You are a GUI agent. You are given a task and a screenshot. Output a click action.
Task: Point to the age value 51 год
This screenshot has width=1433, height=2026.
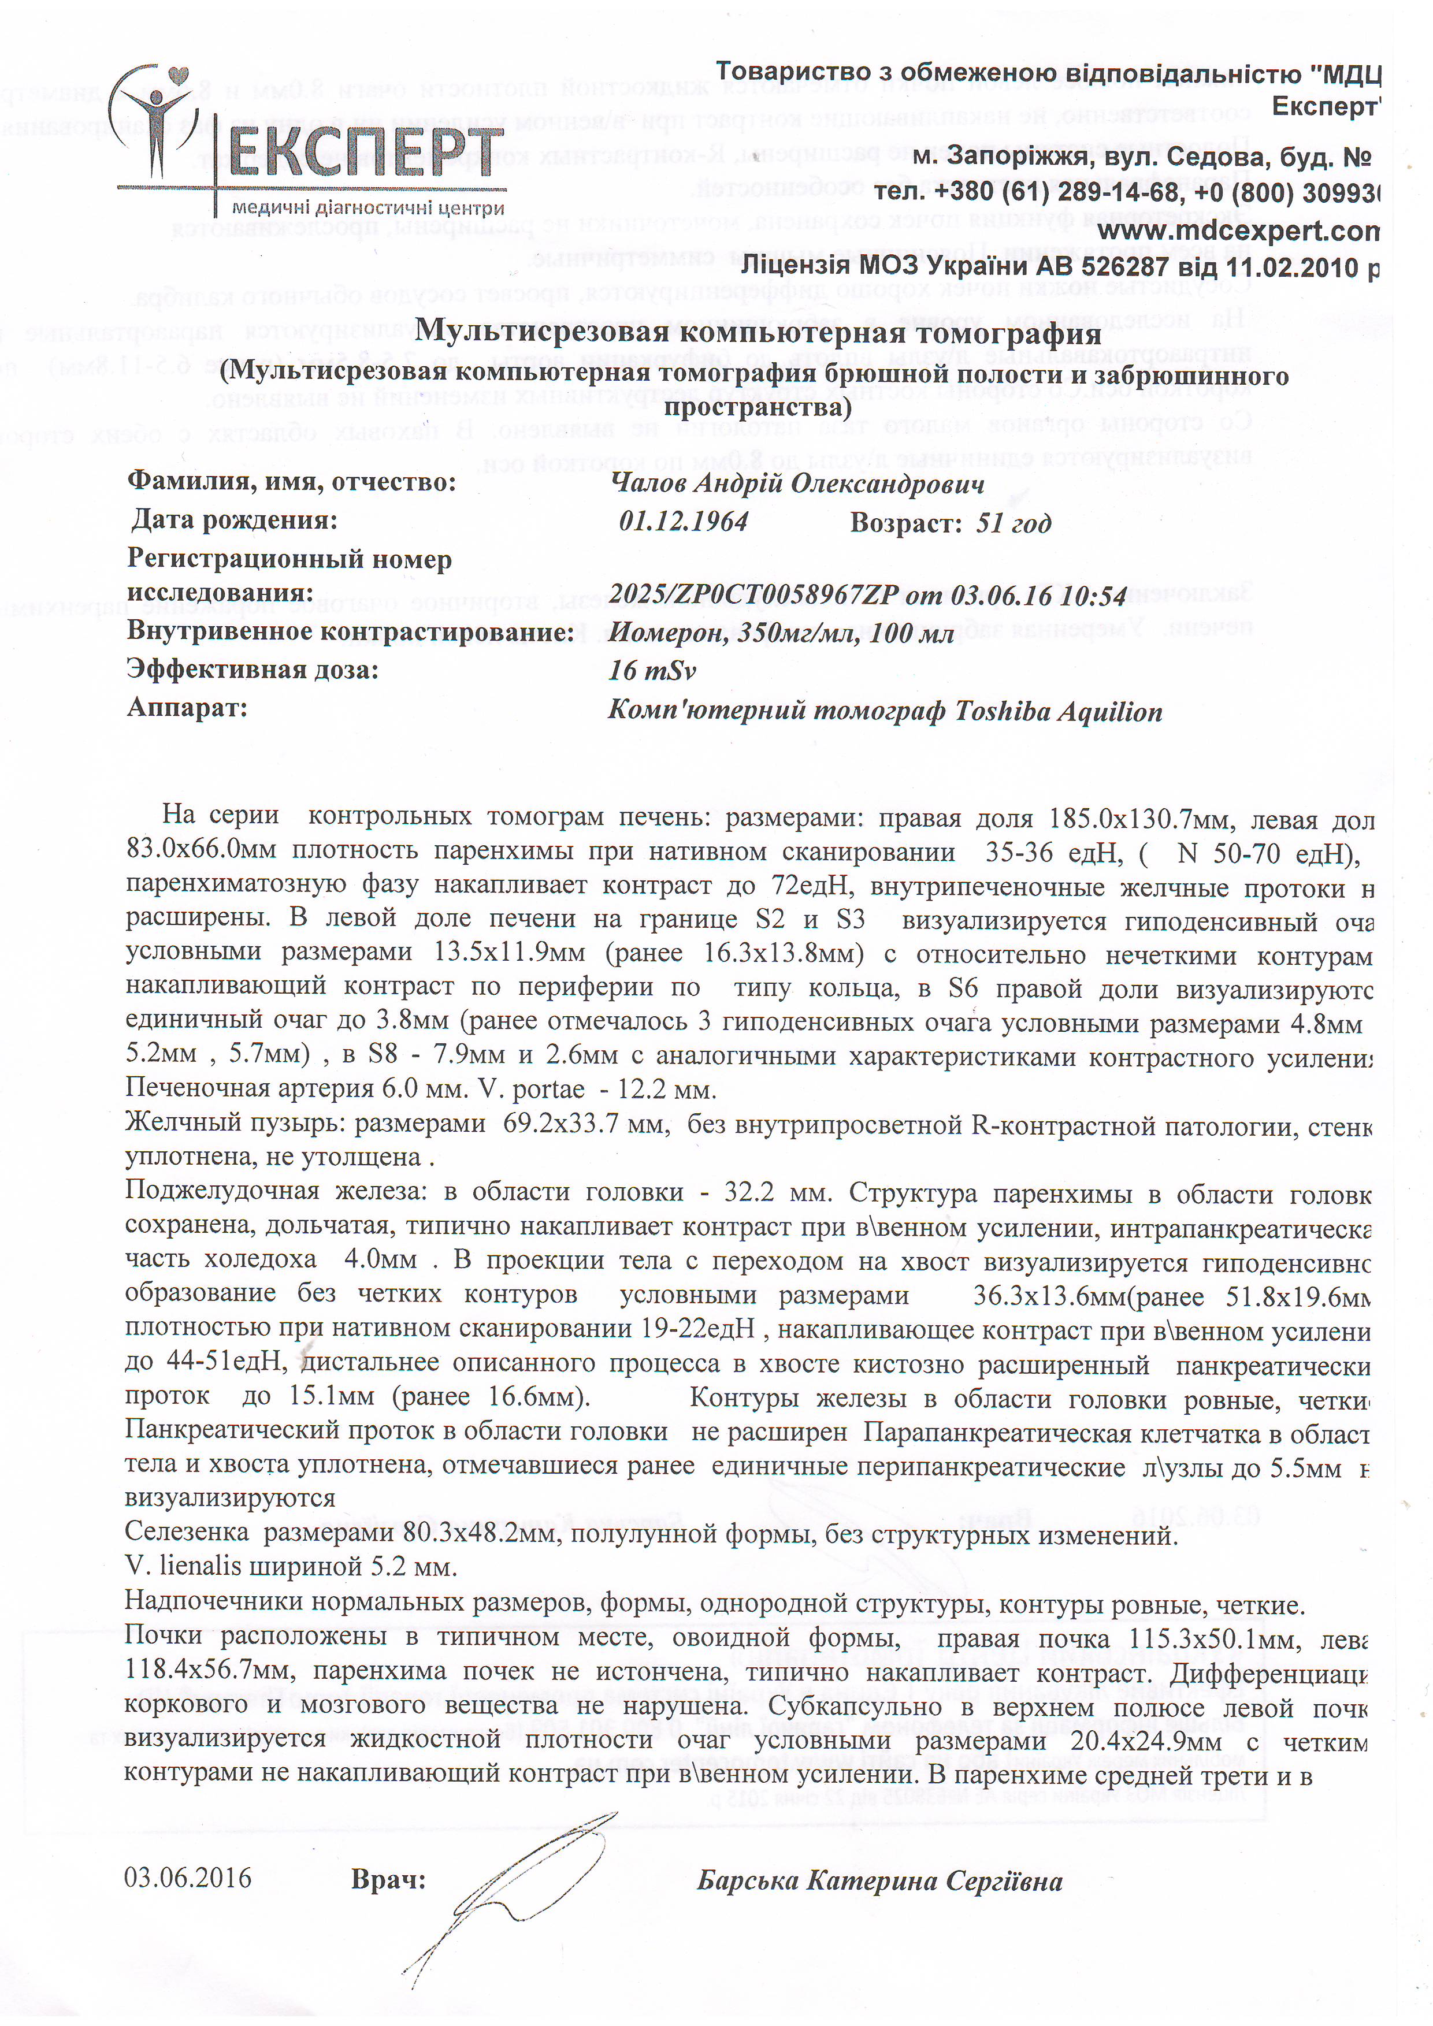(x=1013, y=523)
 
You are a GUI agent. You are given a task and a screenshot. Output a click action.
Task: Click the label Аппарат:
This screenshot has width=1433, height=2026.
(x=187, y=708)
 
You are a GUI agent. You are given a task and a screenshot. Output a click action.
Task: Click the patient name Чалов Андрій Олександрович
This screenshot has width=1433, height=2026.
(x=797, y=484)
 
